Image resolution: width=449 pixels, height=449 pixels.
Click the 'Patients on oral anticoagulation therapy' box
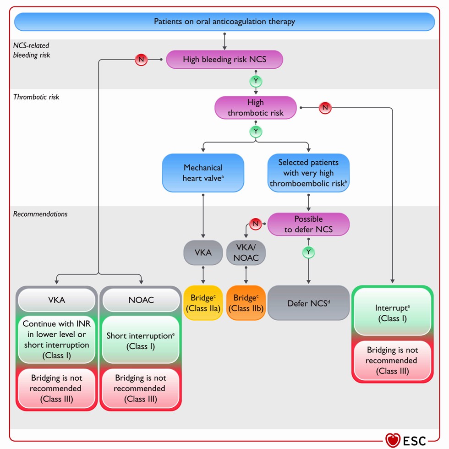click(224, 22)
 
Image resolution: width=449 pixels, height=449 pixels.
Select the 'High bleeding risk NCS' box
click(224, 60)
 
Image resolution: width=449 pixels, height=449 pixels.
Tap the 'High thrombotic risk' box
click(256, 108)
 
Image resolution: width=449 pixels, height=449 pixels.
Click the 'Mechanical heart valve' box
click(203, 173)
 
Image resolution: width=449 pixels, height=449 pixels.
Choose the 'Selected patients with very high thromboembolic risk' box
click(308, 173)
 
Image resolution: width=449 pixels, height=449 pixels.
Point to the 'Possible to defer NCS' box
click(308, 224)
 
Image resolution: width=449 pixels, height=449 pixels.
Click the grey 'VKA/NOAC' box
click(246, 252)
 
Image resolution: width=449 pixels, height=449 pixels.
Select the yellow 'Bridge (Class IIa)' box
click(203, 303)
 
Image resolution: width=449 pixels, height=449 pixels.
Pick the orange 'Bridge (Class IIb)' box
click(246, 303)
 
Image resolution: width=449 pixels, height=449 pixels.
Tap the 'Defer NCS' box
click(308, 303)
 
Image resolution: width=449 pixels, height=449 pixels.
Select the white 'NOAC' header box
click(141, 300)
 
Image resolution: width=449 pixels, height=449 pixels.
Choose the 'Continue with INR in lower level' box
click(56, 339)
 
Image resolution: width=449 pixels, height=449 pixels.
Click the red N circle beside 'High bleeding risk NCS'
click(141, 60)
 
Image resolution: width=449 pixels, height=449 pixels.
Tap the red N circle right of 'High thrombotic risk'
click(325, 108)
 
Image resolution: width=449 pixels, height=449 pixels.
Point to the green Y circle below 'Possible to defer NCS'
click(308, 252)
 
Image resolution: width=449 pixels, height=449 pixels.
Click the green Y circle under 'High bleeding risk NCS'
click(256, 81)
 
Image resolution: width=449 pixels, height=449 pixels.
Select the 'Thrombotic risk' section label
click(36, 97)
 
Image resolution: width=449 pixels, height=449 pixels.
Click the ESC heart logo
click(393, 440)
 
